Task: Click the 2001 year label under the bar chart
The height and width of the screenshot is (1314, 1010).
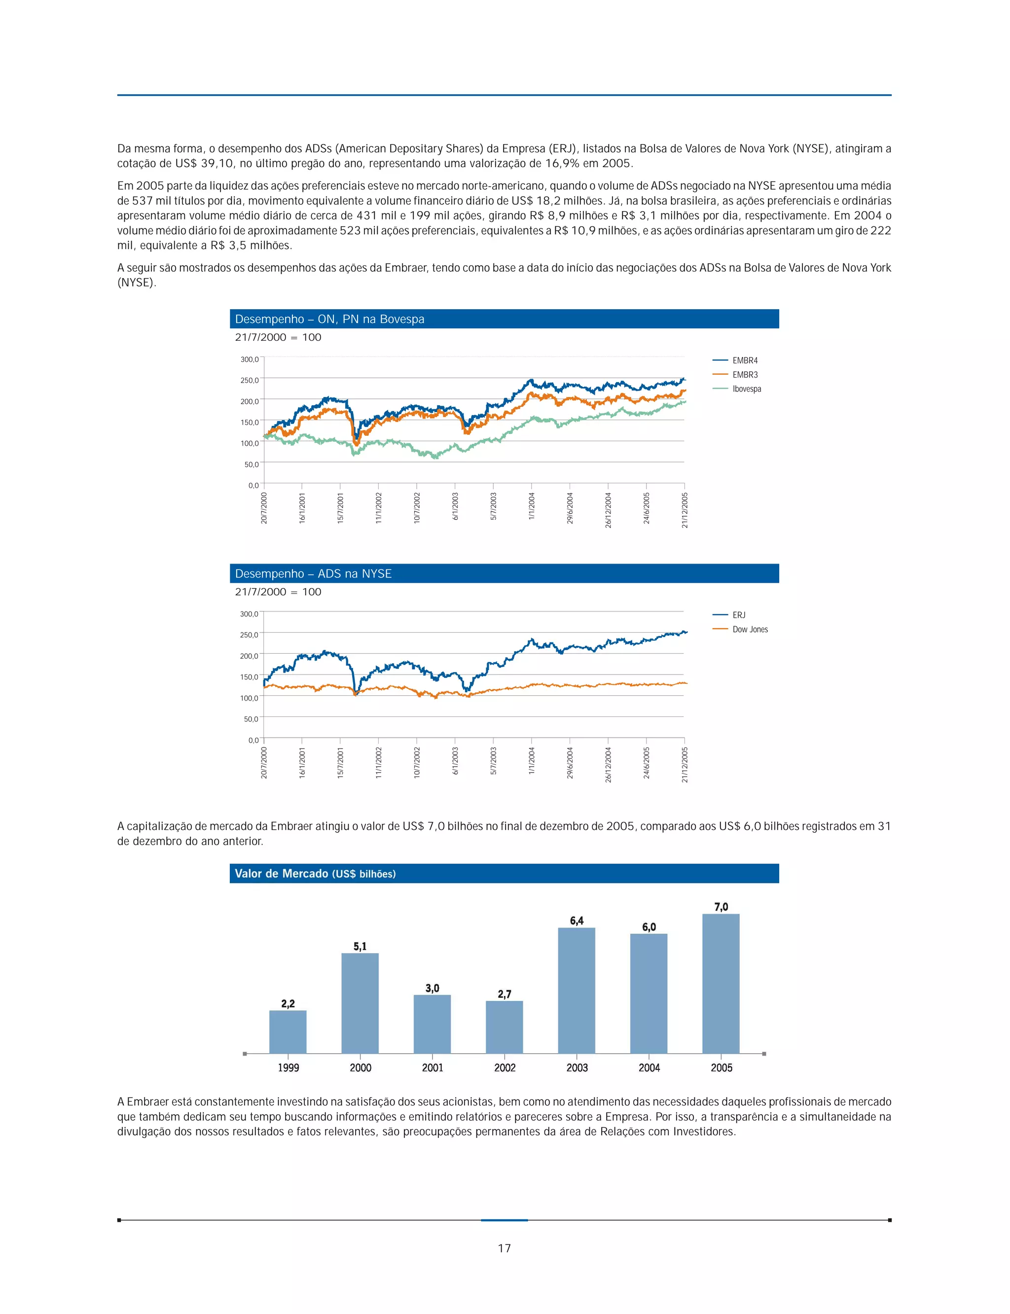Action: (432, 1067)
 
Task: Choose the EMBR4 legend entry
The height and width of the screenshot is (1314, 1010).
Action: (744, 360)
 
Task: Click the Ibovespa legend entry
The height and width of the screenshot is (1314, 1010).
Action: (746, 389)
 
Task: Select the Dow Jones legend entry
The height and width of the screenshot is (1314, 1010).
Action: (750, 629)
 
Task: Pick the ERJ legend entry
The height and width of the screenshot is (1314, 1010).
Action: (739, 615)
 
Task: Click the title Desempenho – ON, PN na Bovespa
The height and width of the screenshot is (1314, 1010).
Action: (329, 319)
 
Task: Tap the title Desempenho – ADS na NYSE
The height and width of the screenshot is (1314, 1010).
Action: (313, 573)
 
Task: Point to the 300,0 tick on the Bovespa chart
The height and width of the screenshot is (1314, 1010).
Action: (250, 359)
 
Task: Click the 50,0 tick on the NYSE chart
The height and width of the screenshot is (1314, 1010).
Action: (250, 719)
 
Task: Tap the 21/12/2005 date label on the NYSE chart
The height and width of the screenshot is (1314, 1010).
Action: (685, 764)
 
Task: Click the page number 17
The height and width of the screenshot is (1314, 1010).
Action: (505, 1248)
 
